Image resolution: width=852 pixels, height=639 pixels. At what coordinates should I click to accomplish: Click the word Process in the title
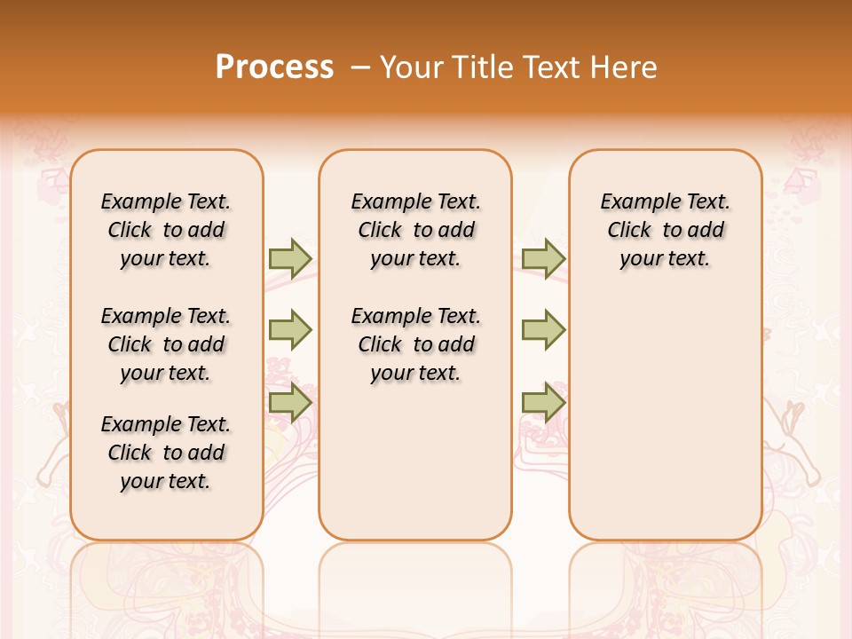[x=274, y=67]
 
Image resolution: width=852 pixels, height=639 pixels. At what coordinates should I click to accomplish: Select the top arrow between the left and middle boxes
[x=290, y=258]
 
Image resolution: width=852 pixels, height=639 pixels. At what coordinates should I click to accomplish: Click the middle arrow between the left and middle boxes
[x=290, y=330]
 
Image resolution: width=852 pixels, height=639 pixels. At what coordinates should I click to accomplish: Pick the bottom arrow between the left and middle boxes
[x=290, y=402]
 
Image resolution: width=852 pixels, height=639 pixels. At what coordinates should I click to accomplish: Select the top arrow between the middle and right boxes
[x=543, y=258]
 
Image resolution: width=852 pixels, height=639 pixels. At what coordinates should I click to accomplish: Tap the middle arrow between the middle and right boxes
[x=543, y=330]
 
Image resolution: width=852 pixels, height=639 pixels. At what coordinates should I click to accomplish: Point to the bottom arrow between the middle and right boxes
[x=543, y=402]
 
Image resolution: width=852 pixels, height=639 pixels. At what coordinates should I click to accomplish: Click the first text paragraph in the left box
[x=166, y=230]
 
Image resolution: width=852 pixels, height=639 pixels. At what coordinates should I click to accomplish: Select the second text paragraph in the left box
[x=166, y=344]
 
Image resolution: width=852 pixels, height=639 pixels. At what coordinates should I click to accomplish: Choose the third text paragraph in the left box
[x=166, y=453]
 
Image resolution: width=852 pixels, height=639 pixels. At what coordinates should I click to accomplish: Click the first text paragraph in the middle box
[x=415, y=230]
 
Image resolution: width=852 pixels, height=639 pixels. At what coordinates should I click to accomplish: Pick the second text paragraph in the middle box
[x=415, y=344]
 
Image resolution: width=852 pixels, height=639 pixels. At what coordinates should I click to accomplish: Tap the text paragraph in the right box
[x=665, y=230]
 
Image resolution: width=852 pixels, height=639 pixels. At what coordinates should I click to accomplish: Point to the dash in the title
[x=360, y=67]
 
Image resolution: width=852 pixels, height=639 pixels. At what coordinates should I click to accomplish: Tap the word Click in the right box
[x=629, y=231]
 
